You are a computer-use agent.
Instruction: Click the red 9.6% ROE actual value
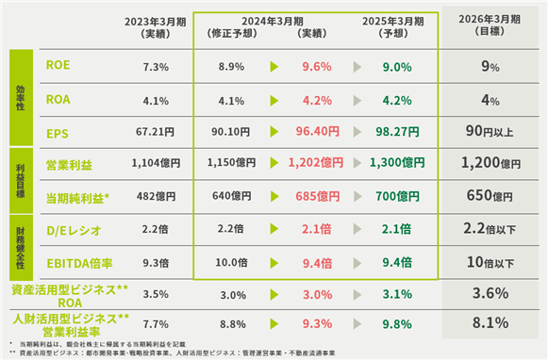click(x=317, y=66)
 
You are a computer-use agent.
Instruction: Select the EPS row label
click(x=58, y=134)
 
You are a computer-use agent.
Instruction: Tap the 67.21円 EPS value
click(x=156, y=132)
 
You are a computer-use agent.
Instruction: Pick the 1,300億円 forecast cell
click(x=397, y=162)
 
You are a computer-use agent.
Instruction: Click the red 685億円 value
click(x=318, y=196)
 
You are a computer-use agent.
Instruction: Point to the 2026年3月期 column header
click(x=490, y=25)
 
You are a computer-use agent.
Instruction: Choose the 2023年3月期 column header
click(x=156, y=27)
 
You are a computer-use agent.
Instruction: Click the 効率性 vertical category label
click(x=21, y=97)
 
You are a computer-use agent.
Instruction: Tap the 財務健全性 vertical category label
click(x=21, y=248)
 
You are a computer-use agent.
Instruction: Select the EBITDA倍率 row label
click(x=79, y=263)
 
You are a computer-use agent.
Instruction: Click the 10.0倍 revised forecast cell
click(x=231, y=262)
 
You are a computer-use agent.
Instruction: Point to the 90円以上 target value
click(x=490, y=131)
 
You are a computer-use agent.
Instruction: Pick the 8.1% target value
click(x=490, y=322)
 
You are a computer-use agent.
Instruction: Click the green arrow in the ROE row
click(x=274, y=67)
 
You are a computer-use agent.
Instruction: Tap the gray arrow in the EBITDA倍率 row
click(x=357, y=263)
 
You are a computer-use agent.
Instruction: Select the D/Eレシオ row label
click(x=75, y=231)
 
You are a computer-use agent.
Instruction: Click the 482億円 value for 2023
click(x=157, y=196)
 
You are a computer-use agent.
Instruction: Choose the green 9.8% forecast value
click(x=397, y=324)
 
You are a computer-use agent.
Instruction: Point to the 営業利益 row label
click(x=69, y=165)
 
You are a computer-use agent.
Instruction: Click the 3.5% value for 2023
click(x=156, y=294)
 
